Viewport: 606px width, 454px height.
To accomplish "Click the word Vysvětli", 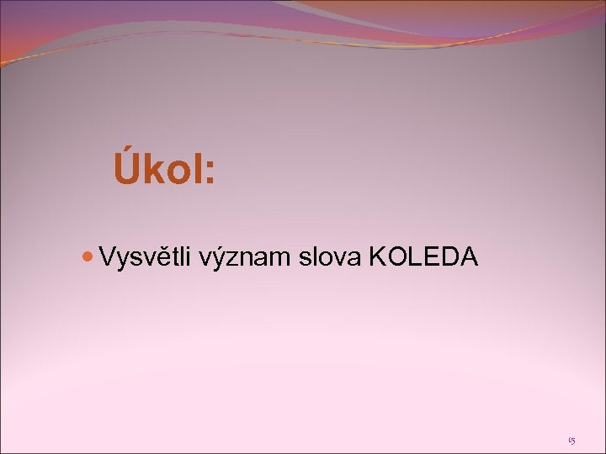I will tap(146, 257).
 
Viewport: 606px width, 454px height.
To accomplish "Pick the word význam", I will tap(246, 257).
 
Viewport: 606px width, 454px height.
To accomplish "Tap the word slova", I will tap(329, 256).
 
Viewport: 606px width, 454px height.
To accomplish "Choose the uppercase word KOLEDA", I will tap(423, 256).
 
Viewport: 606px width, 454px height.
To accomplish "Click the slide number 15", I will tap(571, 439).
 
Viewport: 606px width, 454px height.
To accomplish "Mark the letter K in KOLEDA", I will tap(376, 256).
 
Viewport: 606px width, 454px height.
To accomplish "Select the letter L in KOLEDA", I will tap(412, 256).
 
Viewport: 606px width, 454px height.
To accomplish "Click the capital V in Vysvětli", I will tap(106, 256).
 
